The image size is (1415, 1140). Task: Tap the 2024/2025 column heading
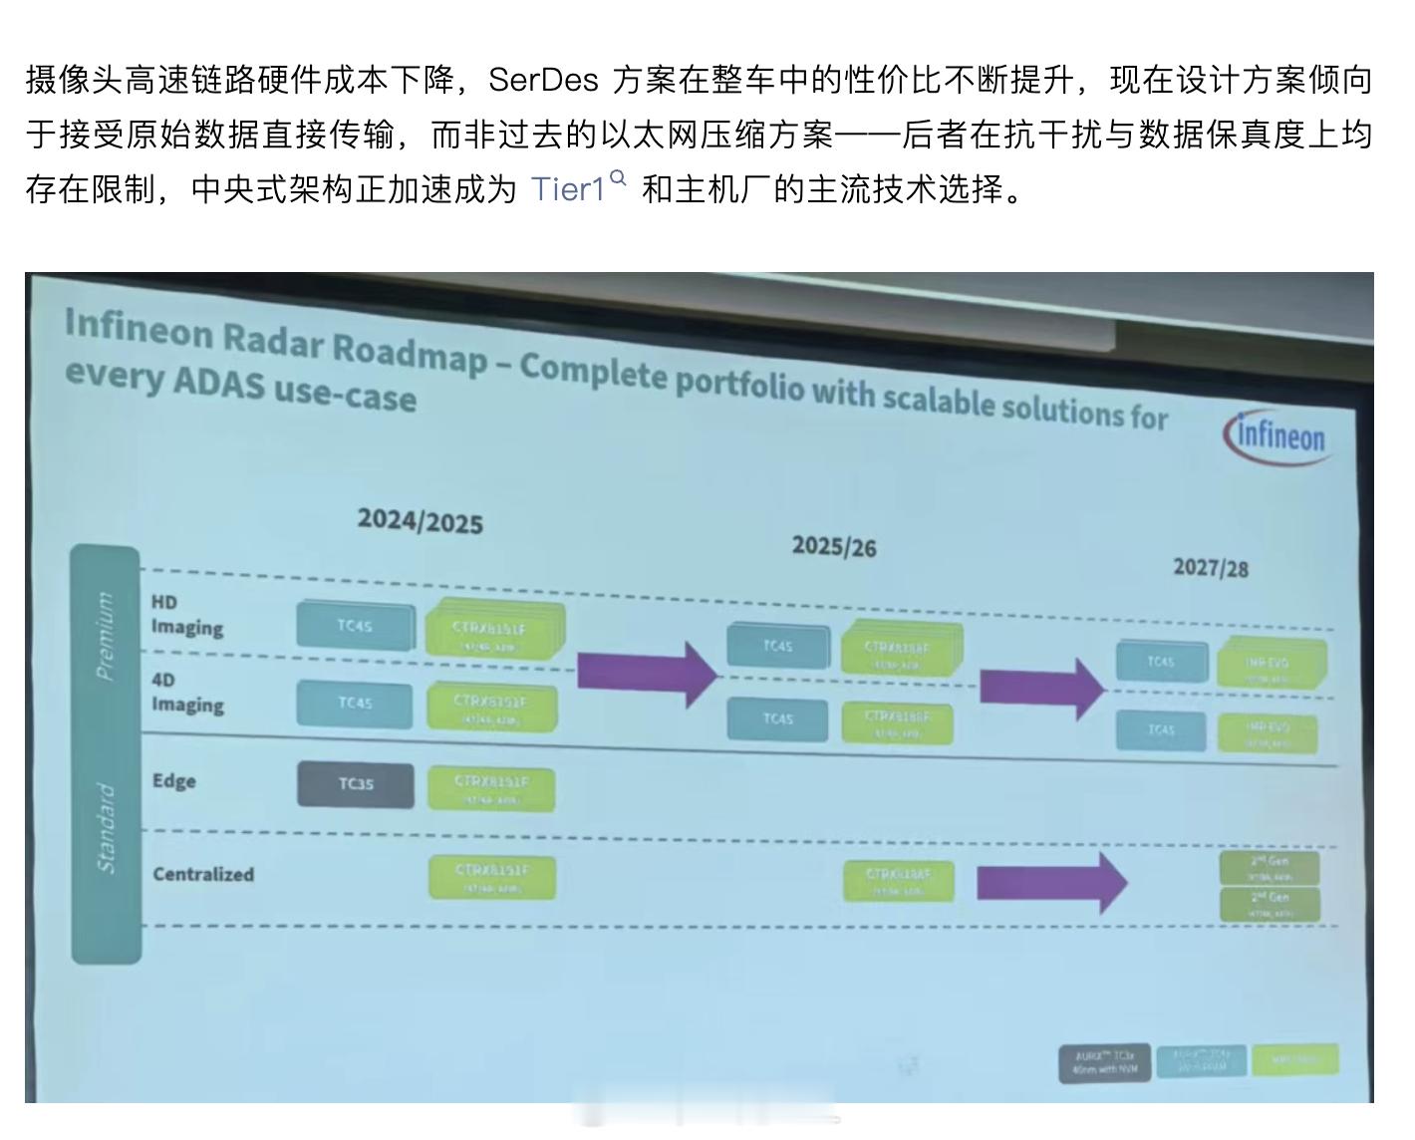coord(420,521)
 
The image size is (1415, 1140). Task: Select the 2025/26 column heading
coord(833,546)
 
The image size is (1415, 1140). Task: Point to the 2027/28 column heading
coord(1210,568)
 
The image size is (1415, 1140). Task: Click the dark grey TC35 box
coord(355,784)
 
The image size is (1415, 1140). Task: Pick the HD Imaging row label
coord(186,616)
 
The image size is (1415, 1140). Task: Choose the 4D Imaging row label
coord(186,693)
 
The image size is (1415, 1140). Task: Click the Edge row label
coord(173,780)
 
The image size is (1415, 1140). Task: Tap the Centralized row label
coord(203,874)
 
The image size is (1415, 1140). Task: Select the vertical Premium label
coord(105,636)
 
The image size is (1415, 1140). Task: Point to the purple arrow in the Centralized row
coord(1050,882)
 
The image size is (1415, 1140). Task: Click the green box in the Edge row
coord(491,787)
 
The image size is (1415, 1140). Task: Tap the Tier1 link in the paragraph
coord(568,189)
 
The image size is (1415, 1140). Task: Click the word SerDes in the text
coord(542,80)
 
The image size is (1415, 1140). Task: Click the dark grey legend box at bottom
coord(1103,1062)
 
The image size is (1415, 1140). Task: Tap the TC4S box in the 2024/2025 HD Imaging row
coord(355,626)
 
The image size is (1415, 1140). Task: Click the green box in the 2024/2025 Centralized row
coord(491,877)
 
